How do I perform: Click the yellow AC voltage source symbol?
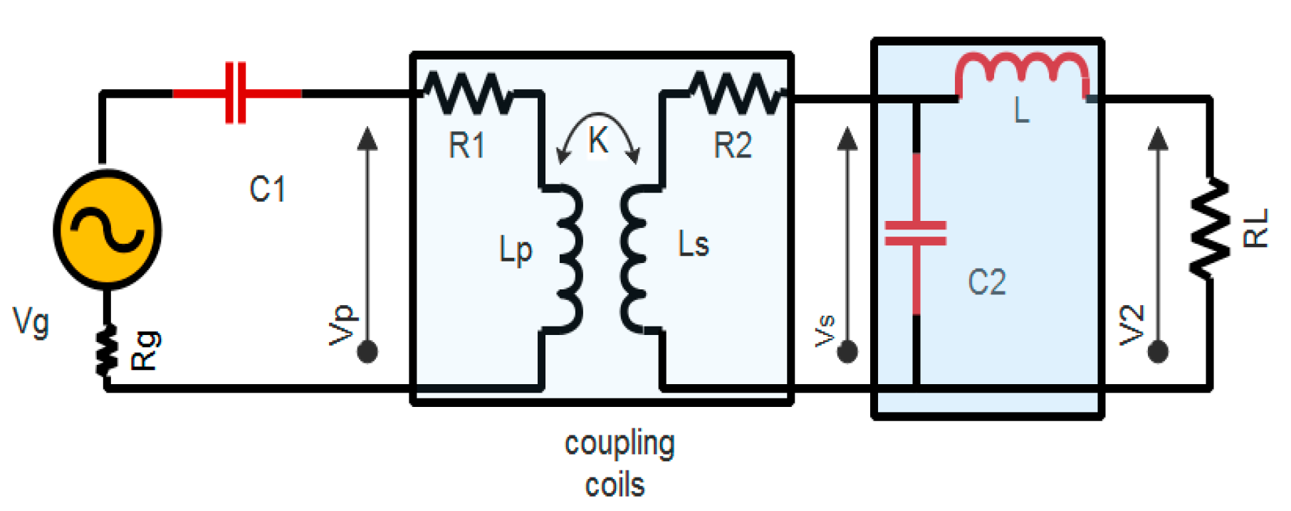108,229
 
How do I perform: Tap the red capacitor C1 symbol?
236,93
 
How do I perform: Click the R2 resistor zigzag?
737,93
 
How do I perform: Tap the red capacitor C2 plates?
916,233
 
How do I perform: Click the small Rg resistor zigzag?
107,350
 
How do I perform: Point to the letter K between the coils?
598,140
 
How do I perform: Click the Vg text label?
31,321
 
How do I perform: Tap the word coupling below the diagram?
620,445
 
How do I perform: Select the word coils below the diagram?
615,485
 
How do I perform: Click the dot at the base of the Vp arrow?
367,351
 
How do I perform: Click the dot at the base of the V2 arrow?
1159,351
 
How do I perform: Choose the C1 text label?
268,190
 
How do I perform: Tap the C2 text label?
987,282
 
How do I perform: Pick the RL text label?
1256,228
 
